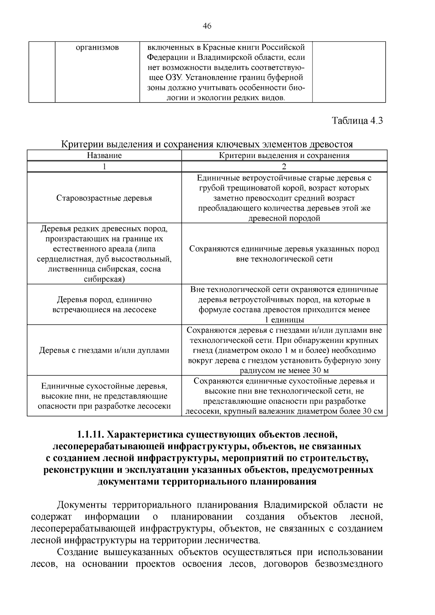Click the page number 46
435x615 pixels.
pos(207,26)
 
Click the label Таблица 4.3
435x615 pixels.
pos(357,121)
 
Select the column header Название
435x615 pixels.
pos(104,155)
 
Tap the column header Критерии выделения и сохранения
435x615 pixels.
pos(284,155)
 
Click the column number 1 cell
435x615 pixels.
pos(104,167)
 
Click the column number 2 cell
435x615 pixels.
pos(284,167)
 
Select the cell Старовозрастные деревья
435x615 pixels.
pos(104,198)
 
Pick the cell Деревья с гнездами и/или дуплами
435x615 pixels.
pos(104,350)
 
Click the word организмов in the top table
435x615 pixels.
pos(97,47)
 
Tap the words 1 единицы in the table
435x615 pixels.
pos(284,320)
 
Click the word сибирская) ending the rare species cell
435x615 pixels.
pos(104,279)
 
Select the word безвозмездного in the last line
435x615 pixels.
pos(349,564)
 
